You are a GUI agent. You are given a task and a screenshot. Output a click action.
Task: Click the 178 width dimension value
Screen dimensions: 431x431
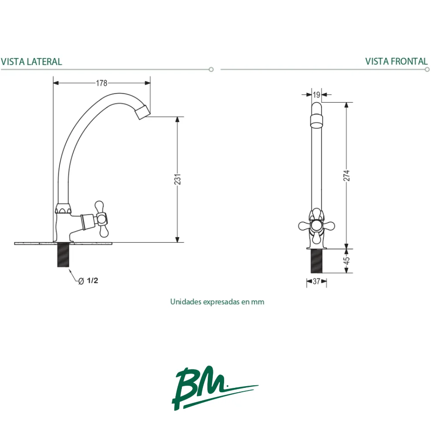click(101, 83)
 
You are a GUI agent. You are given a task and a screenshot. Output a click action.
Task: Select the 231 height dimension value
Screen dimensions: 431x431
click(178, 179)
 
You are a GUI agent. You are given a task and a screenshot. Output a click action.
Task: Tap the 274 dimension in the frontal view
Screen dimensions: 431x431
click(347, 176)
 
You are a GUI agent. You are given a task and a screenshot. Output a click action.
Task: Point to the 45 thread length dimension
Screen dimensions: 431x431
click(347, 261)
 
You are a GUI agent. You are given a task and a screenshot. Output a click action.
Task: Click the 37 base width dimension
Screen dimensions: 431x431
click(317, 281)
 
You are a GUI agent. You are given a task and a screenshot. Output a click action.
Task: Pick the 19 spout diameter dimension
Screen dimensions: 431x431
click(317, 95)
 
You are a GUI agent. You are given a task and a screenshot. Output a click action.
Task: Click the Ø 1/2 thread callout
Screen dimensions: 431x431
click(88, 281)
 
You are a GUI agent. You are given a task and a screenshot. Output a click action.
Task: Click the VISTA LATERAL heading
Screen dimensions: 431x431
click(31, 62)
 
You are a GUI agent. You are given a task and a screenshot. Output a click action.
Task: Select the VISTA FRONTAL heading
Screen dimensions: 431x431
click(397, 61)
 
